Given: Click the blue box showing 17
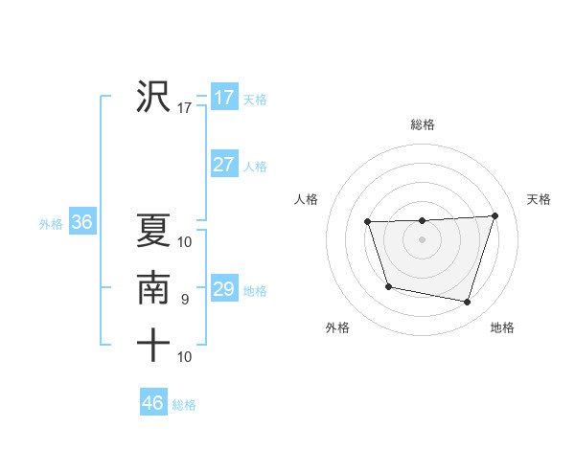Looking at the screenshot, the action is pos(223,98).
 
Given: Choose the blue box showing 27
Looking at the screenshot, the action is pos(223,165).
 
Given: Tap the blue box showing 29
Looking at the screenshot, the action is pos(223,289).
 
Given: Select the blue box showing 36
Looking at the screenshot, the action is pos(81,223).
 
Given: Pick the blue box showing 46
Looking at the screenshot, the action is pos(153,402).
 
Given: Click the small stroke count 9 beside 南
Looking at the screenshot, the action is pos(185,300).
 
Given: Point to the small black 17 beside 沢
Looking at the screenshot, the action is pos(185,108).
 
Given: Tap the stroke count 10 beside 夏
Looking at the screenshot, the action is pos(185,241).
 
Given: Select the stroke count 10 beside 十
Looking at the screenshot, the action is pos(185,357).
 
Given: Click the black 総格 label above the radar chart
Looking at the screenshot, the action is pos(423,124).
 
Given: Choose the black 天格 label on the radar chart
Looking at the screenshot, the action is pos(539,199).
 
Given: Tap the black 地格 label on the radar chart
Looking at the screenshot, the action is pos(502,327).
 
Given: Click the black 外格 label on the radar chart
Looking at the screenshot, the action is pos(337,327).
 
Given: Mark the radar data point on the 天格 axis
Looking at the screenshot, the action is pos(494,215).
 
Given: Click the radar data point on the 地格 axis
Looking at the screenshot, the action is pos(467,303).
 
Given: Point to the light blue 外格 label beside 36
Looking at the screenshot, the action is pos(51,224).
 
